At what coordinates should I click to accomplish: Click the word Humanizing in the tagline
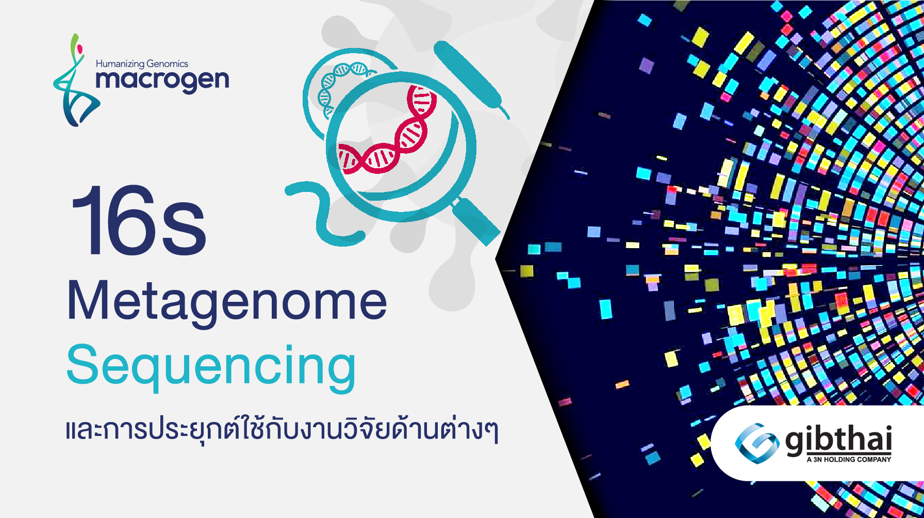[120, 64]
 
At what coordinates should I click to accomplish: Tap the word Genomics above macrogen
[168, 64]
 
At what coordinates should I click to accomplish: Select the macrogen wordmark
[162, 81]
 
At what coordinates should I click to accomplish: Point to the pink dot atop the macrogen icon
[80, 49]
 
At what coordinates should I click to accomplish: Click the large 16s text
[138, 221]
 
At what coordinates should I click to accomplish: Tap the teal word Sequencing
[211, 366]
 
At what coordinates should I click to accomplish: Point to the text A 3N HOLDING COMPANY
[849, 459]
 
